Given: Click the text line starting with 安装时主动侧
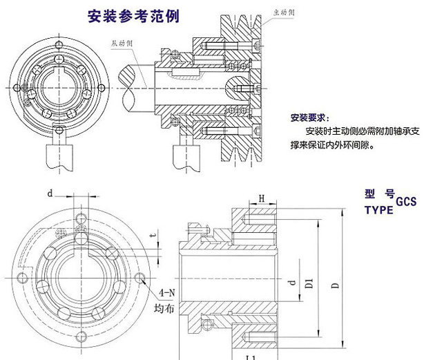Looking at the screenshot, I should point(355,131).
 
